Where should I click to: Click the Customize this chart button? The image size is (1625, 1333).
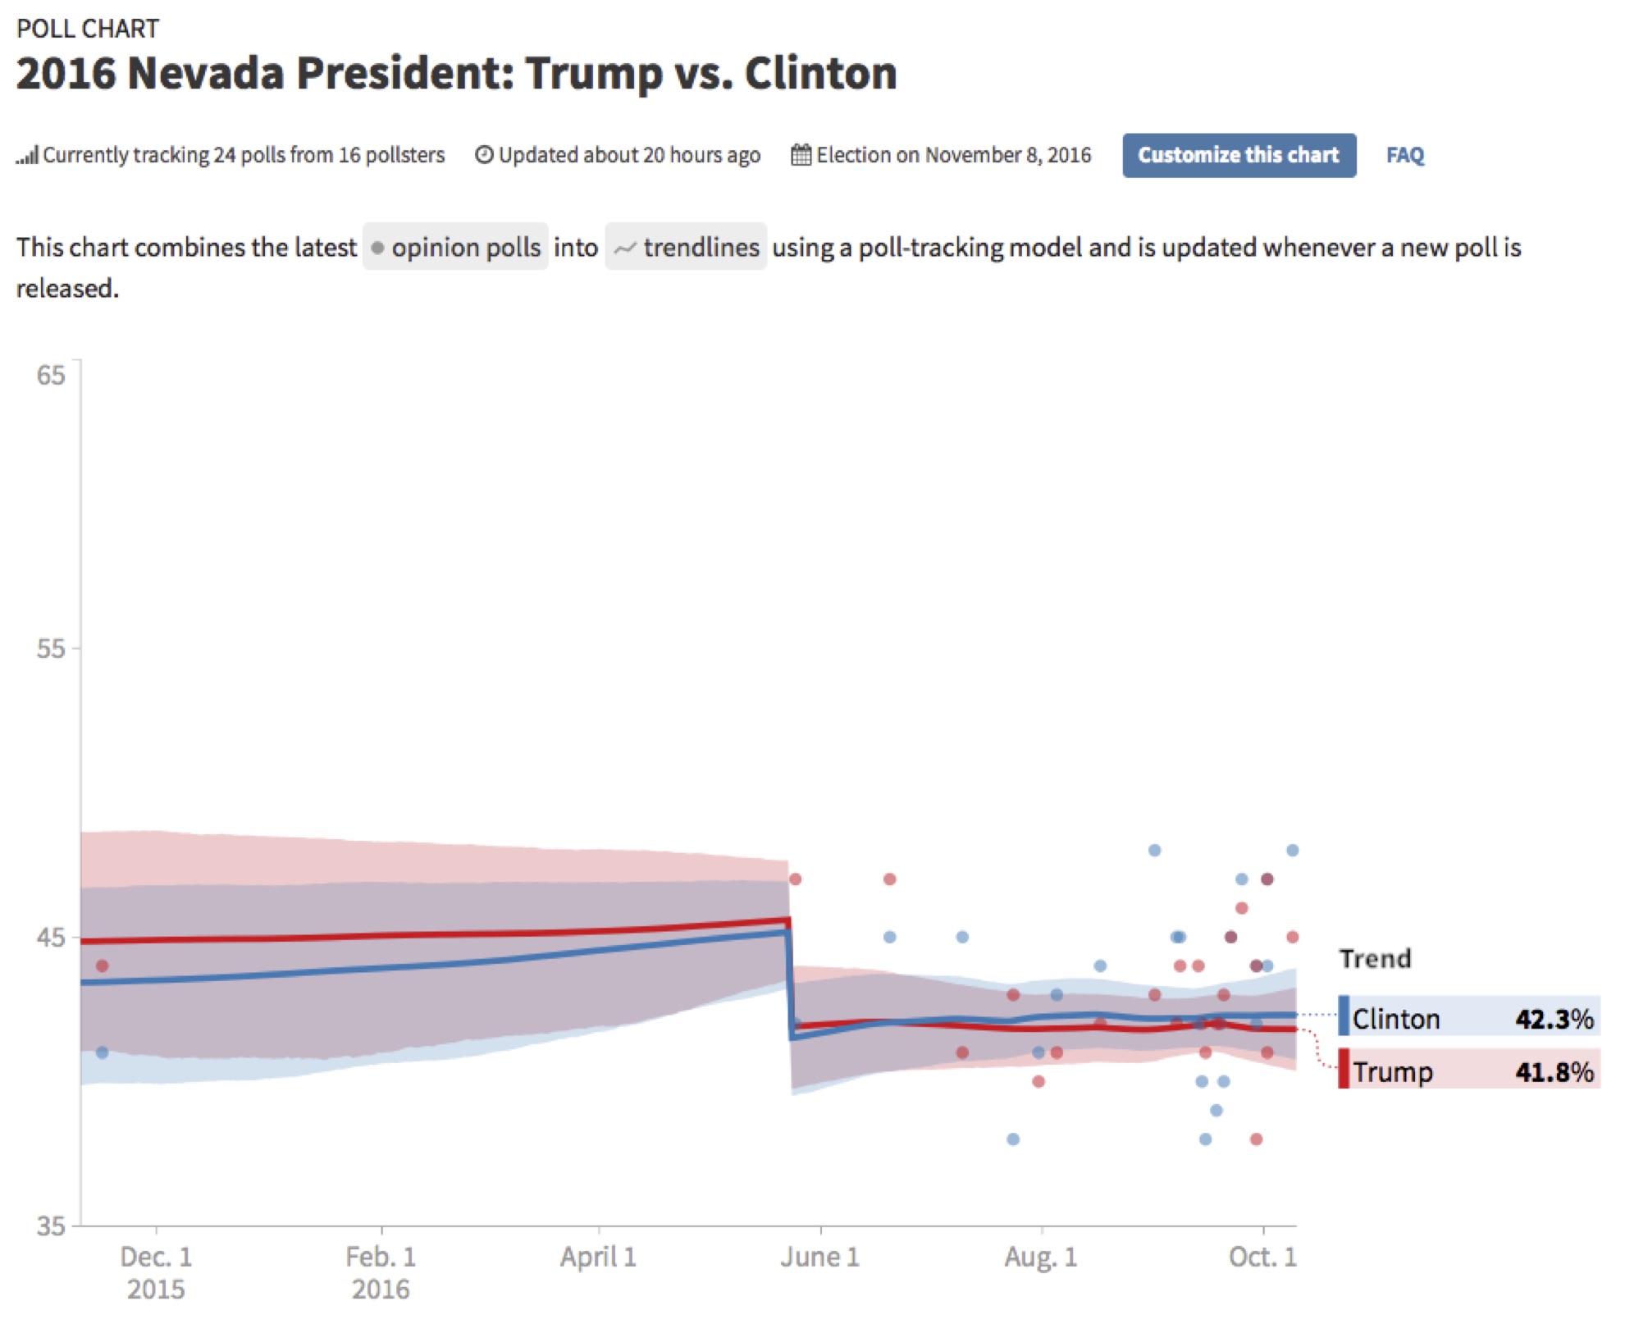(1238, 155)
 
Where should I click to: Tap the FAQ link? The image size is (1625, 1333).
(1404, 155)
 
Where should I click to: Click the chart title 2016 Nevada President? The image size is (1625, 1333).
(455, 73)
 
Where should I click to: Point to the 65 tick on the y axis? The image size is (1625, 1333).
(50, 375)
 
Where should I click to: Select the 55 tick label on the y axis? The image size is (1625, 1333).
(50, 649)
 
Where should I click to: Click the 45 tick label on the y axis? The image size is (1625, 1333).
(50, 937)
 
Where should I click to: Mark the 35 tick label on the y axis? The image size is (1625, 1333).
(50, 1226)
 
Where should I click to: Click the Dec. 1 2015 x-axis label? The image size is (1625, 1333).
(156, 1272)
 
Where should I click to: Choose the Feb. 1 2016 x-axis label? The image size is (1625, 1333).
(381, 1272)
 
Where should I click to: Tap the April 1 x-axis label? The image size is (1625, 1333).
(598, 1257)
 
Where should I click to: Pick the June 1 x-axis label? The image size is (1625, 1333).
(819, 1257)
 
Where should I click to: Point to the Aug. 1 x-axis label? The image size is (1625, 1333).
(1041, 1257)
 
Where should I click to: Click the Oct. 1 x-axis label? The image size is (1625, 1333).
(1262, 1257)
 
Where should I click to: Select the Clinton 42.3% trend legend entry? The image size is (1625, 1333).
(1468, 1018)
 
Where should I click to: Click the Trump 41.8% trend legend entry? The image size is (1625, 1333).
(1468, 1071)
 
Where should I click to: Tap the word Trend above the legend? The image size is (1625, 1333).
(1375, 958)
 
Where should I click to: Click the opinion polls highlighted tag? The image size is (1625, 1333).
(455, 247)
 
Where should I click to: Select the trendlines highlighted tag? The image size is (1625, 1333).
(686, 247)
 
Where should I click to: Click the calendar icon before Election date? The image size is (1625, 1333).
(801, 155)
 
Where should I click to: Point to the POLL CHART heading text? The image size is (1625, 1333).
(88, 29)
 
